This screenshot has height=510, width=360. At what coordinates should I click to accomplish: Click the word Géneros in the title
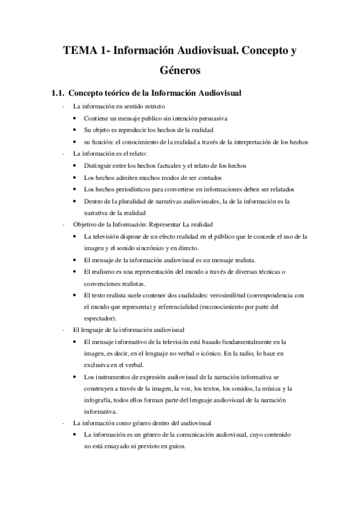[180, 71]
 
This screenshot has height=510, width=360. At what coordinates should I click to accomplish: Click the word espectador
[100, 318]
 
